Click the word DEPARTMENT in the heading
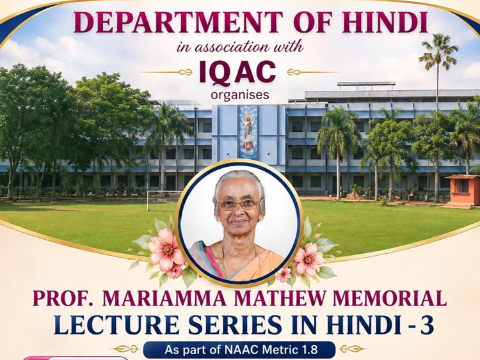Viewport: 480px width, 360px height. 177,22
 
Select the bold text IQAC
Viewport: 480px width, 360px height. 237,72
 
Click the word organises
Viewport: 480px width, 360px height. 240,95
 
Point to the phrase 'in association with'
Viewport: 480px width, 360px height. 240,47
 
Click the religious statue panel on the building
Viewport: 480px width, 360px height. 248,132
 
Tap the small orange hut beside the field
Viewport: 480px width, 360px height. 463,191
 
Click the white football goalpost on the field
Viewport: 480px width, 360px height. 163,200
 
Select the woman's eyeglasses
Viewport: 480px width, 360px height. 239,205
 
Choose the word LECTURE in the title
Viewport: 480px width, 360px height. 117,325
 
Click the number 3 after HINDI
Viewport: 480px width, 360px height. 427,325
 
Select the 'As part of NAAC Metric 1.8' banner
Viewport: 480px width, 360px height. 239,350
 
